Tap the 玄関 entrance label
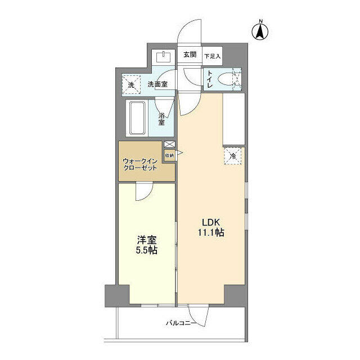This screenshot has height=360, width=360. point(190,55)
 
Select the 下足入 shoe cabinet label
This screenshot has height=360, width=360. point(213,56)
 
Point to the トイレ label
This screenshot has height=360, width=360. point(209,79)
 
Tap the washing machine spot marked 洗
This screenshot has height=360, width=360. point(131,84)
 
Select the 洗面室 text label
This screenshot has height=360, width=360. point(157,84)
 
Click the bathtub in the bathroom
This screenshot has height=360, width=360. point(137,119)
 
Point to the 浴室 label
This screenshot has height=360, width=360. point(161,119)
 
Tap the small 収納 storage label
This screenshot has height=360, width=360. point(169,154)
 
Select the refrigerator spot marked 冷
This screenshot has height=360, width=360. point(232,156)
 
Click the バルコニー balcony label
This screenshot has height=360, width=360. point(181,323)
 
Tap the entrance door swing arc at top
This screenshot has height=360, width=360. point(190,33)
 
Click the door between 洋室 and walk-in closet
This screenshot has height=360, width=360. point(144,192)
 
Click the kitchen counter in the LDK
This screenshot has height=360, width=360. point(233,119)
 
